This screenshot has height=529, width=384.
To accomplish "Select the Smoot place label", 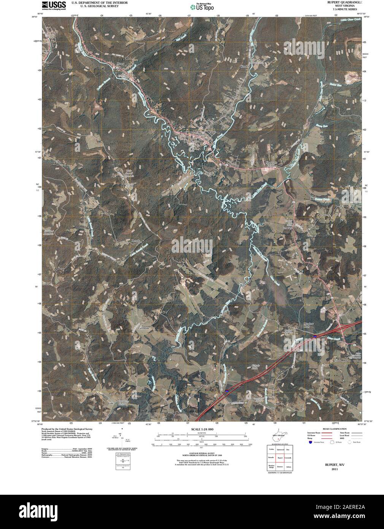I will coord(270,408).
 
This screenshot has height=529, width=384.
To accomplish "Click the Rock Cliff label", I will coord(357,138).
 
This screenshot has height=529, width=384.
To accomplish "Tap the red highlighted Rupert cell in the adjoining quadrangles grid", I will coord(280,458).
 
